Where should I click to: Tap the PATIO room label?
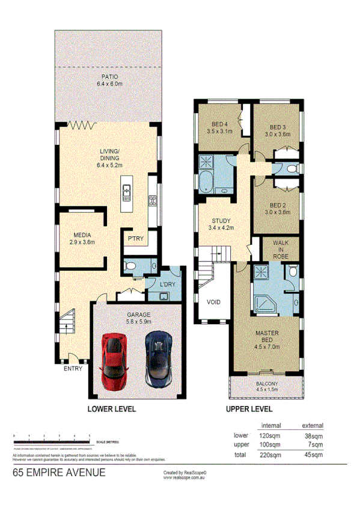109,77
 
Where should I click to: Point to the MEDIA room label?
82,235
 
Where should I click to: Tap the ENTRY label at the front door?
73,369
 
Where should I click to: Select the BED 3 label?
276,127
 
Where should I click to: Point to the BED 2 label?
276,205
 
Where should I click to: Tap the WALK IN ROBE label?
281,249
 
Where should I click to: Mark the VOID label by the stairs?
215,302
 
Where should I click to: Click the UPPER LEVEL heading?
249,409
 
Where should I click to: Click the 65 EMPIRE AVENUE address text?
59,473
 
